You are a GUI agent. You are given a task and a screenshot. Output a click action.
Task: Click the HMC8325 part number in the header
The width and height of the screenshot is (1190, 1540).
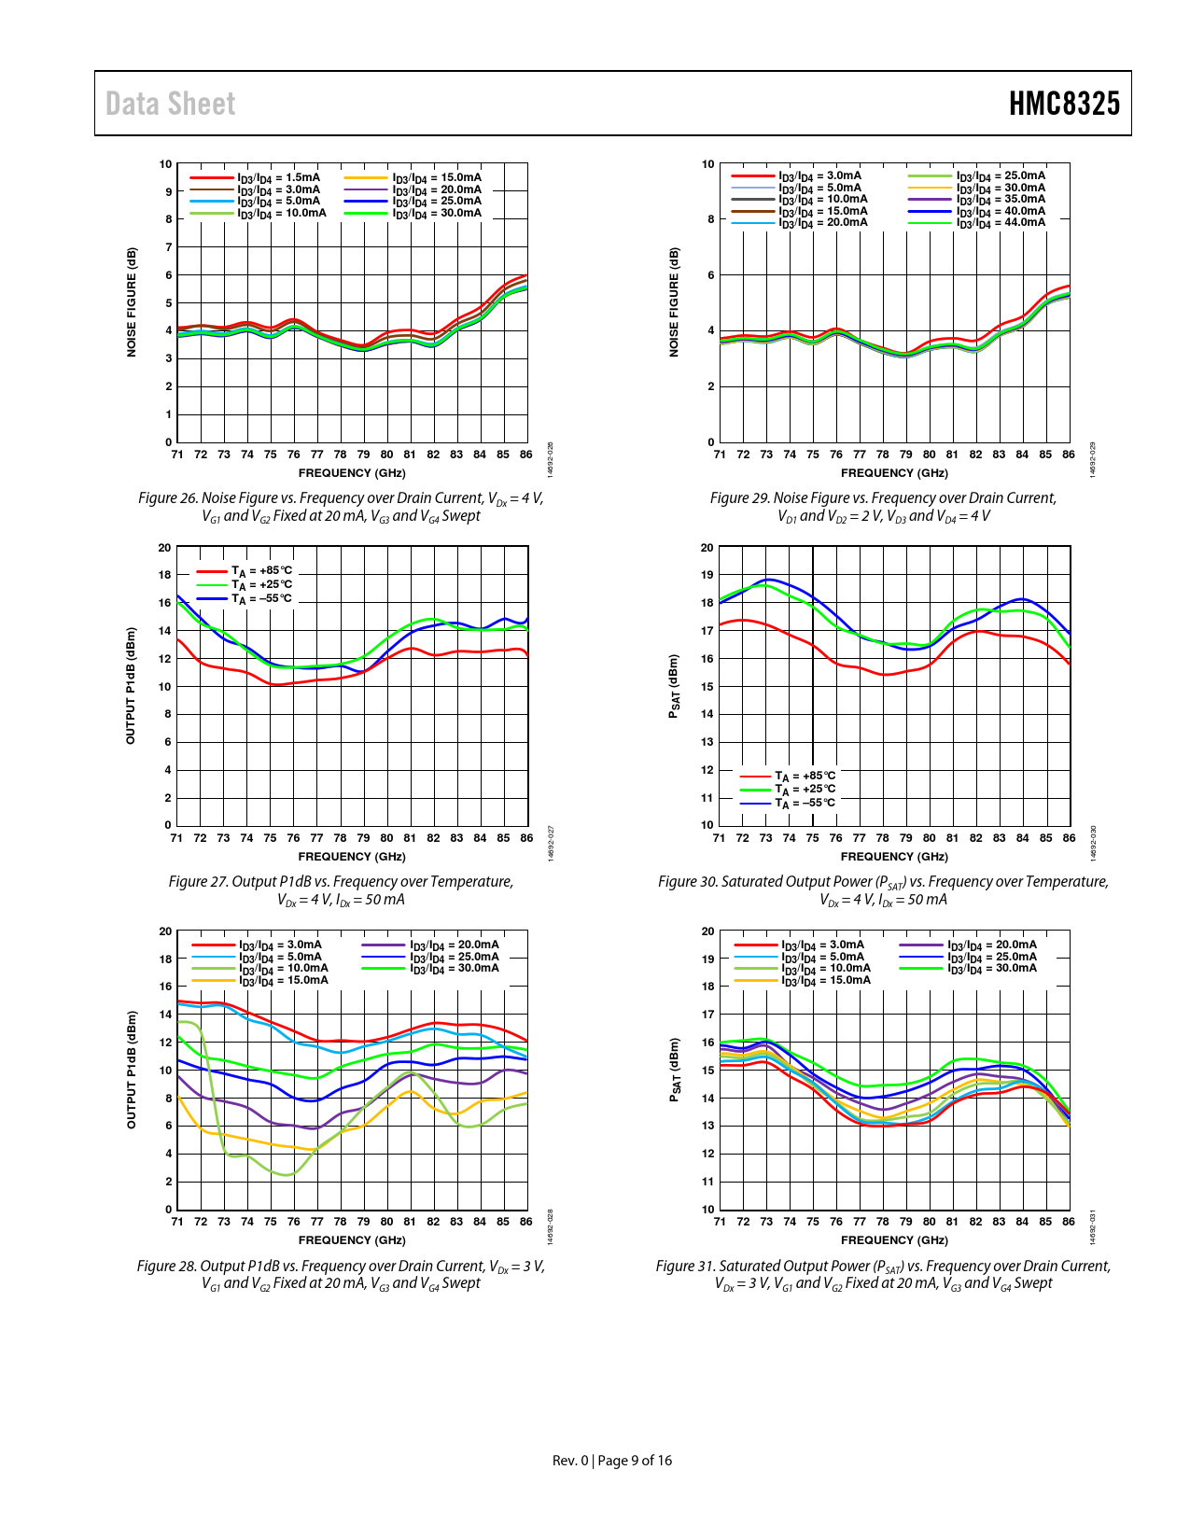tap(1064, 104)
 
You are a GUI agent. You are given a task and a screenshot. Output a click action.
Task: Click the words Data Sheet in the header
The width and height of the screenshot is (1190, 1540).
tap(170, 104)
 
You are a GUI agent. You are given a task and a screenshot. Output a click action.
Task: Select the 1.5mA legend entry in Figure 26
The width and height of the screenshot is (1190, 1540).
tap(277, 177)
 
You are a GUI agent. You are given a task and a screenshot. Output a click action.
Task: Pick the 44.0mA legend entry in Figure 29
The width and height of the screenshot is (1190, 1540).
tap(1001, 222)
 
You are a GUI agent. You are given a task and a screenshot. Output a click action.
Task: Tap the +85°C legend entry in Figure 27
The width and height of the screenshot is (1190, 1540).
tap(261, 570)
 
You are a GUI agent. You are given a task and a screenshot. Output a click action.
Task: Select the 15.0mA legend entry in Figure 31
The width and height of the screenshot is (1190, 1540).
tap(825, 980)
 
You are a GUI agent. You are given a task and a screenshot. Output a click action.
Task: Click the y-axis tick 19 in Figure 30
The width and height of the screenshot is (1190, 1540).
tap(707, 575)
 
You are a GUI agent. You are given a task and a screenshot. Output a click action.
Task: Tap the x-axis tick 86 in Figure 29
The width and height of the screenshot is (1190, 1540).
tap(1069, 455)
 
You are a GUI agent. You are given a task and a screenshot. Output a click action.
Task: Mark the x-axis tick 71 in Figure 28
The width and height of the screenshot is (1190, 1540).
tap(177, 1222)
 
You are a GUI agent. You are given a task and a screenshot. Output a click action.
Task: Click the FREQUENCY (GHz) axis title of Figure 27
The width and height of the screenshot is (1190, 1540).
tap(352, 857)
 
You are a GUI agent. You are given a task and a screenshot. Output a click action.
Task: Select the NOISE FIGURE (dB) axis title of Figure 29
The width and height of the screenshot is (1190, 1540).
tap(674, 301)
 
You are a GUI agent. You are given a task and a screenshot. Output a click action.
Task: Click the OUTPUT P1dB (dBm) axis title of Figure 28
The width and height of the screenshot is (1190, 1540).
tap(132, 1070)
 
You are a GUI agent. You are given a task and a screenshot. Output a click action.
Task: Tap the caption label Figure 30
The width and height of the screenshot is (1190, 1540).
tap(688, 882)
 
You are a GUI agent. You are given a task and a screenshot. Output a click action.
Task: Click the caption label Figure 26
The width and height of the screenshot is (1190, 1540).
tap(168, 498)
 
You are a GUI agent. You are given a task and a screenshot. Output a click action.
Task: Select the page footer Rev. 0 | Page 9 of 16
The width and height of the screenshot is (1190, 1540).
tap(612, 1461)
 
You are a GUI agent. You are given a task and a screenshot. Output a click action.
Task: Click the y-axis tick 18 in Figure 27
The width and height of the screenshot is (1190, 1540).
tap(165, 575)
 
